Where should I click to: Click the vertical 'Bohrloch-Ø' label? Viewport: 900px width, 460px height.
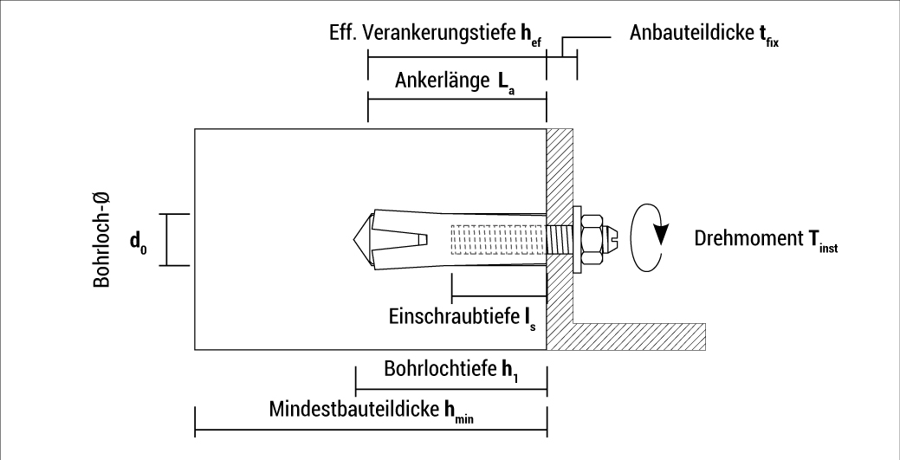(101, 240)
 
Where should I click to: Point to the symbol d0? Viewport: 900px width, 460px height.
(139, 242)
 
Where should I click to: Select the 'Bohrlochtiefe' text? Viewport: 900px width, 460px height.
(437, 367)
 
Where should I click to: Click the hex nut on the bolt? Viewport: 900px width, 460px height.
(592, 238)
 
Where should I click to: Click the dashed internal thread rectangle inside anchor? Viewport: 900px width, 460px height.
(498, 238)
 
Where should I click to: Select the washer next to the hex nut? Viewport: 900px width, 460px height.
(578, 238)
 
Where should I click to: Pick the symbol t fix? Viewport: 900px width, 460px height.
(765, 35)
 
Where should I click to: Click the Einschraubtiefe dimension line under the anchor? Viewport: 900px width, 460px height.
(499, 297)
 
